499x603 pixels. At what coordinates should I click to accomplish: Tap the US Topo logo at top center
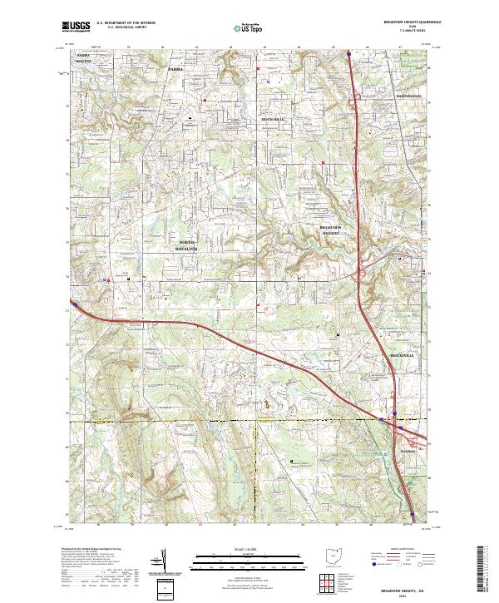(249, 28)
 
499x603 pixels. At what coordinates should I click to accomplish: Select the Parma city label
(175, 69)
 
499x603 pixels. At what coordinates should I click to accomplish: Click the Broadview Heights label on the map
(332, 230)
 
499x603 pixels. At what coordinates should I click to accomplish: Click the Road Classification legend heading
(403, 549)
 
